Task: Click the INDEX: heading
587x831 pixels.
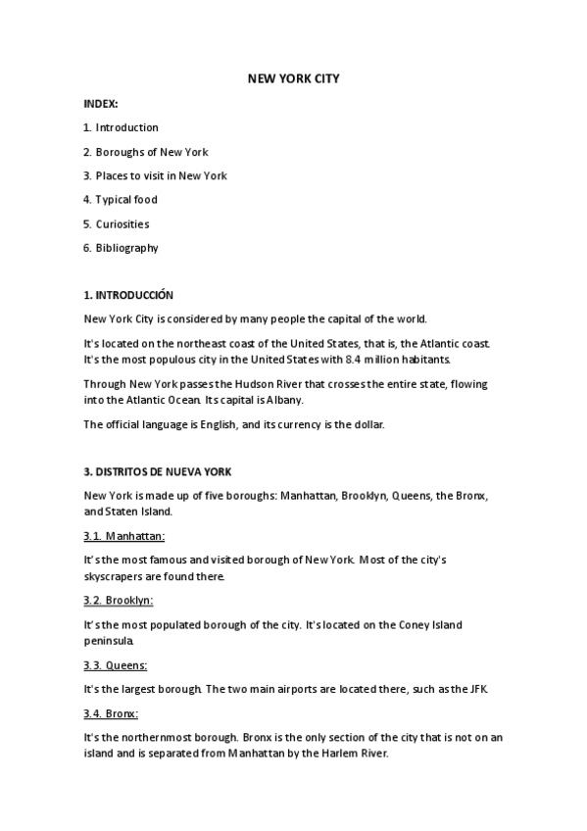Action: tap(101, 103)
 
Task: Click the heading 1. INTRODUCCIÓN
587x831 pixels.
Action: tap(128, 295)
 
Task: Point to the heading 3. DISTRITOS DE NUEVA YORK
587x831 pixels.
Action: tap(157, 471)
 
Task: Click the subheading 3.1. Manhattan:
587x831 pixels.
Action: tap(124, 536)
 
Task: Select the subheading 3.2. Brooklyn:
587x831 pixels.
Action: tap(119, 600)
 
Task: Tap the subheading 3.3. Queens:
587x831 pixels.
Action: tap(116, 665)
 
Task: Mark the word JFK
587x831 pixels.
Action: tap(474, 689)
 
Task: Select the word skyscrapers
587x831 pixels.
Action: tap(114, 577)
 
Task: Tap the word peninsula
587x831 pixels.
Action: tap(109, 641)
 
